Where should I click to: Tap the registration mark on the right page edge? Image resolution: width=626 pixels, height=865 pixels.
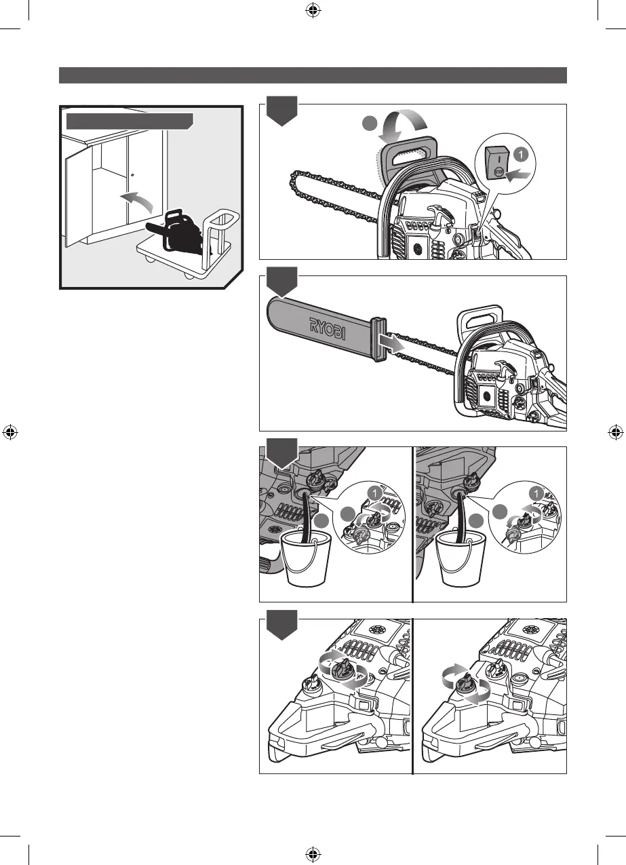tap(613, 431)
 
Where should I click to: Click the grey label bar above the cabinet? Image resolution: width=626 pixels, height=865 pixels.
tap(130, 121)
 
